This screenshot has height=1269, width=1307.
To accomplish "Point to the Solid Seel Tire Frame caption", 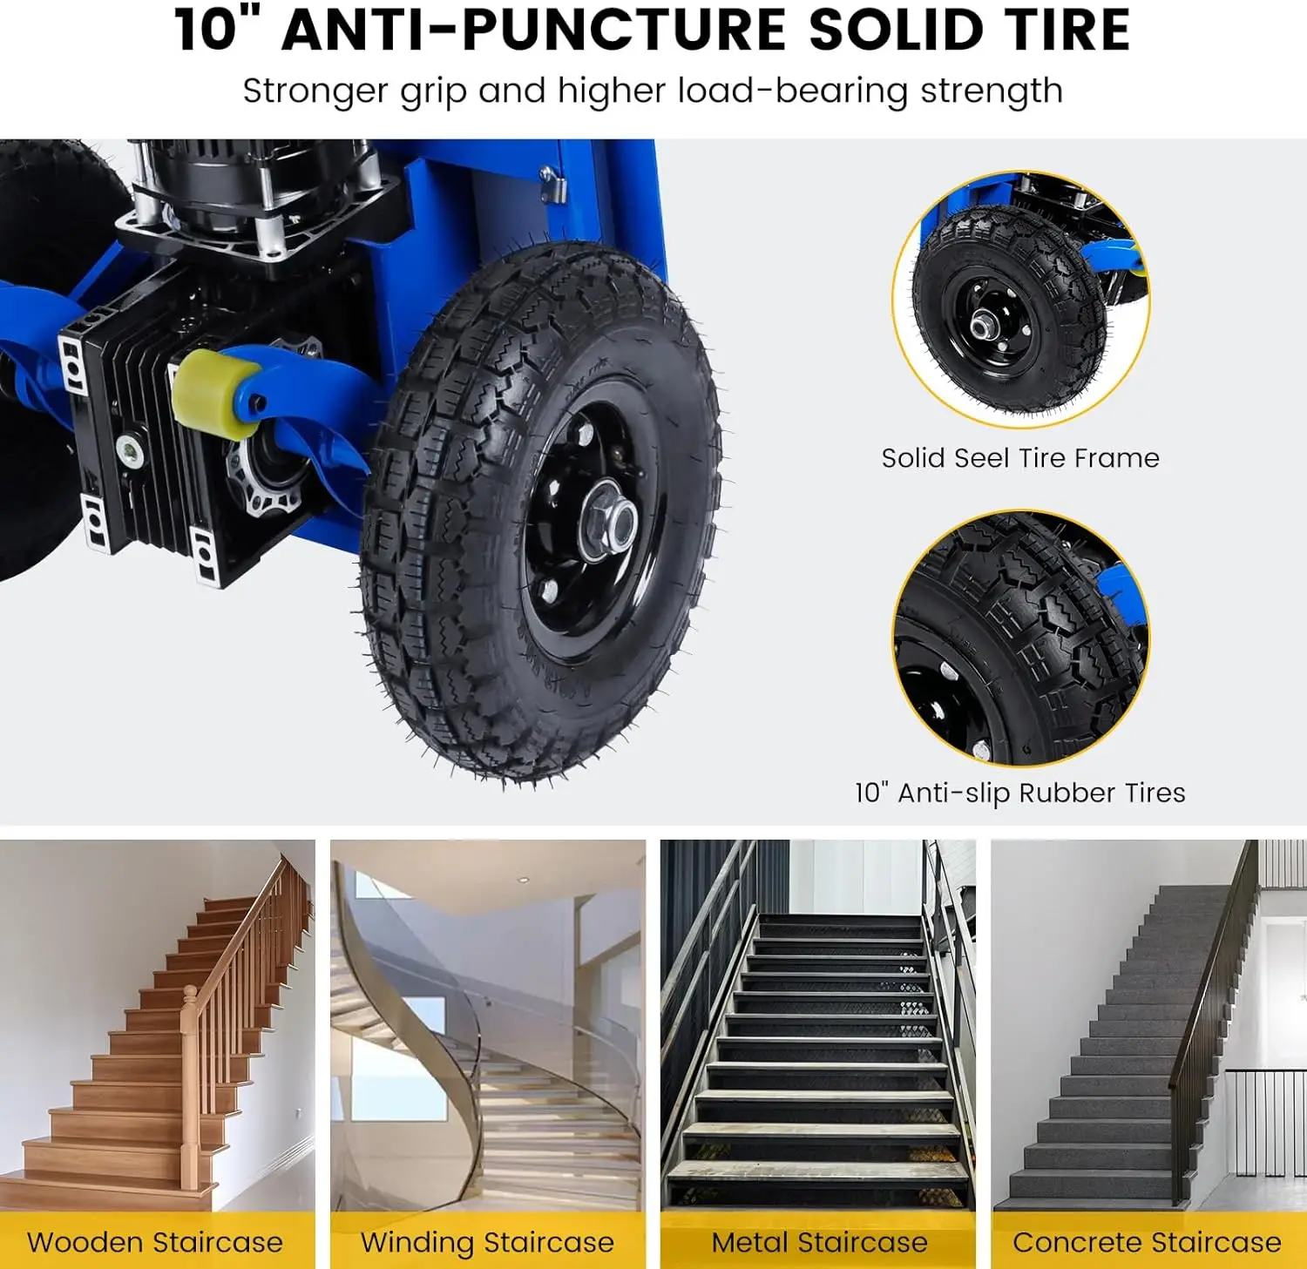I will click(x=1019, y=458).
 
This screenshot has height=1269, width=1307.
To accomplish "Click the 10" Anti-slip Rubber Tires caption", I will click(x=1019, y=793).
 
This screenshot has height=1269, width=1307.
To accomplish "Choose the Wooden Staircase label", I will click(x=155, y=1242).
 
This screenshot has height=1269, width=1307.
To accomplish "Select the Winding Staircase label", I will click(x=487, y=1242).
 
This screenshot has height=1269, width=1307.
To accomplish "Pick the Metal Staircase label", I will click(x=819, y=1242).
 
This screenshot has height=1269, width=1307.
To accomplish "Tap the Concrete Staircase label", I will click(x=1147, y=1242).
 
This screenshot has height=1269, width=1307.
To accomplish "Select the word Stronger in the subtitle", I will click(x=315, y=91).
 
